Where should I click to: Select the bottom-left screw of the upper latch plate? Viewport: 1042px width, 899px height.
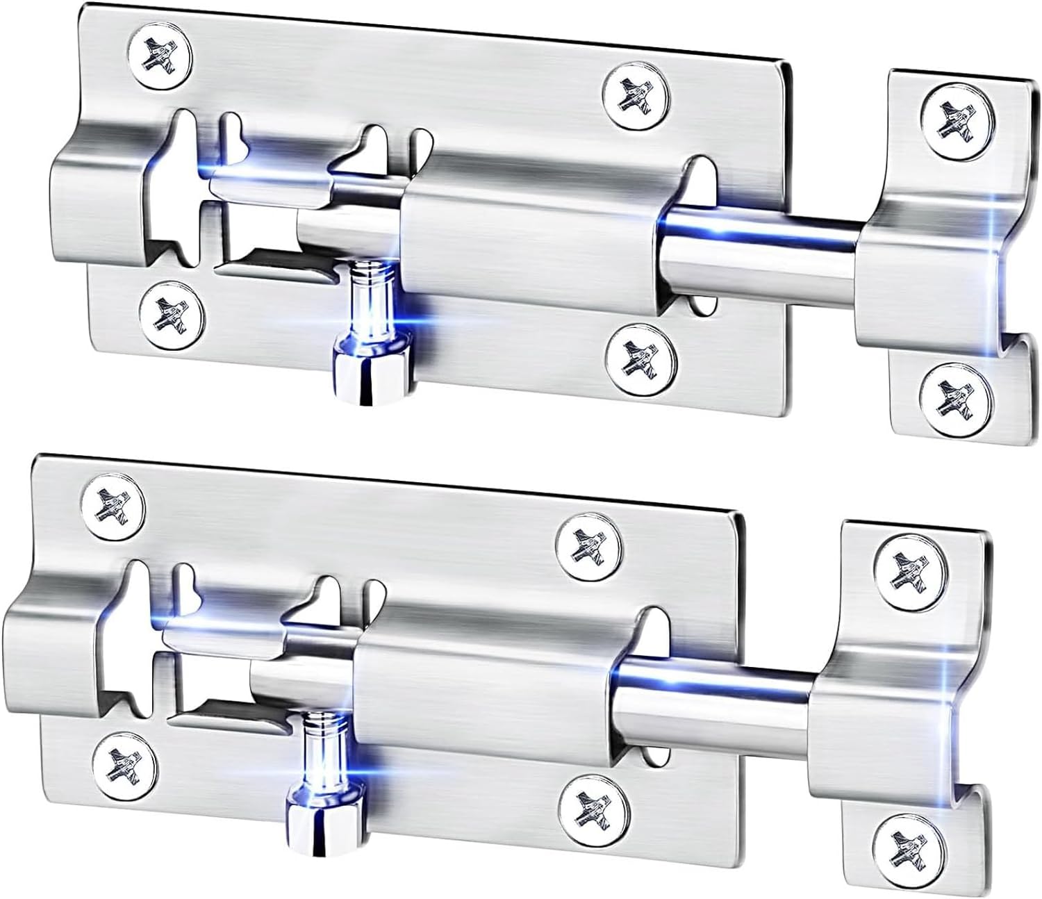click(171, 310)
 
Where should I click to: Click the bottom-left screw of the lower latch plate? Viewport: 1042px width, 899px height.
click(125, 759)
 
